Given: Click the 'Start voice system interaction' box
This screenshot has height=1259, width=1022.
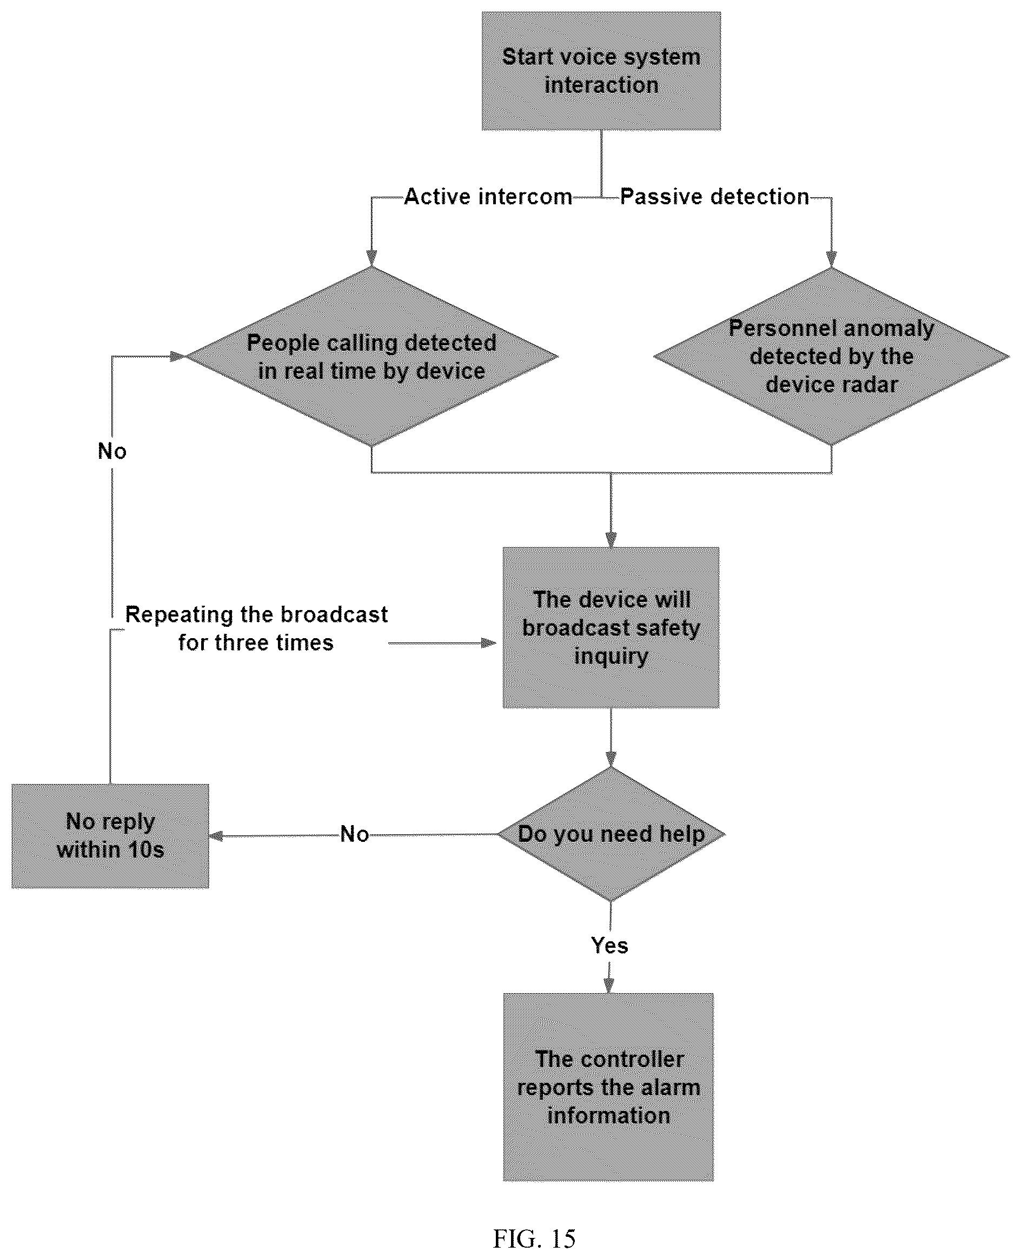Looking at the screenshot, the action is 601,71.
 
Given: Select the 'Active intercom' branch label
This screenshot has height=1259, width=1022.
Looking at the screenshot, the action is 488,197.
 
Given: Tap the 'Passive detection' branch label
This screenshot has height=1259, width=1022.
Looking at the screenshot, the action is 715,197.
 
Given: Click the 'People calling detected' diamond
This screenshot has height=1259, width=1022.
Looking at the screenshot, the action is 371,357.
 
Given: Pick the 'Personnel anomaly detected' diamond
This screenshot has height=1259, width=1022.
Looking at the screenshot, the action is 831,357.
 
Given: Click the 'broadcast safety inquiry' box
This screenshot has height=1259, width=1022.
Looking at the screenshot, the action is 611,628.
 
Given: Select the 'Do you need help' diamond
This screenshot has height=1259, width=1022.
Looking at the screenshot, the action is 611,834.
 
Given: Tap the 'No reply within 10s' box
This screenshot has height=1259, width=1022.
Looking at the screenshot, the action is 110,836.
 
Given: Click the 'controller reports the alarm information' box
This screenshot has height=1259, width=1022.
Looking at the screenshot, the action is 609,1088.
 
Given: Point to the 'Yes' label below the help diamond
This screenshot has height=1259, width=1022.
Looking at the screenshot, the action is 609,946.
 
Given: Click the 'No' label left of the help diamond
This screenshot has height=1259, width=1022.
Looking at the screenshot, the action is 354,834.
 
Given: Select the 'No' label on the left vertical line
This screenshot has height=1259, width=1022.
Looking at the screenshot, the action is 112,451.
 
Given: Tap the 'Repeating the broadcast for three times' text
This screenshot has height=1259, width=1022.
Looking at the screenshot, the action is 256,628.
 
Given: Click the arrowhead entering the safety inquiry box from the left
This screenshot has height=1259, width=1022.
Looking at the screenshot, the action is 489,643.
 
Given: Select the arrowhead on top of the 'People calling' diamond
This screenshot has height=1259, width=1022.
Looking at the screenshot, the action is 371,258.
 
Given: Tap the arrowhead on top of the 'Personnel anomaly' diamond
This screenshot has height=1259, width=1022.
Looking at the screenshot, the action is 831,259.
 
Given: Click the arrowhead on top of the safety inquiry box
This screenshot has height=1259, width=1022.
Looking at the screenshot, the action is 611,539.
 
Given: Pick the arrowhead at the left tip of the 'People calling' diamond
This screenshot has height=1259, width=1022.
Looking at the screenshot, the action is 177,357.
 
